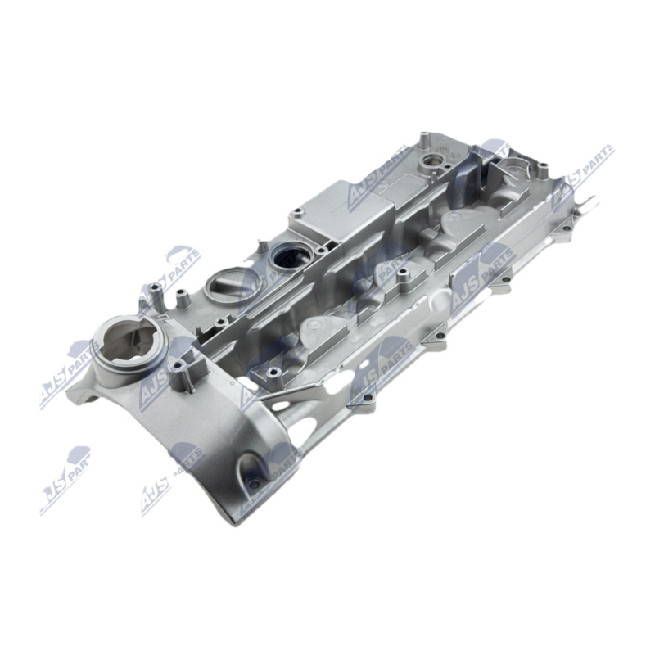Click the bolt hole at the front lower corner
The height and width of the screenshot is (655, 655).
coord(255,485)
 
